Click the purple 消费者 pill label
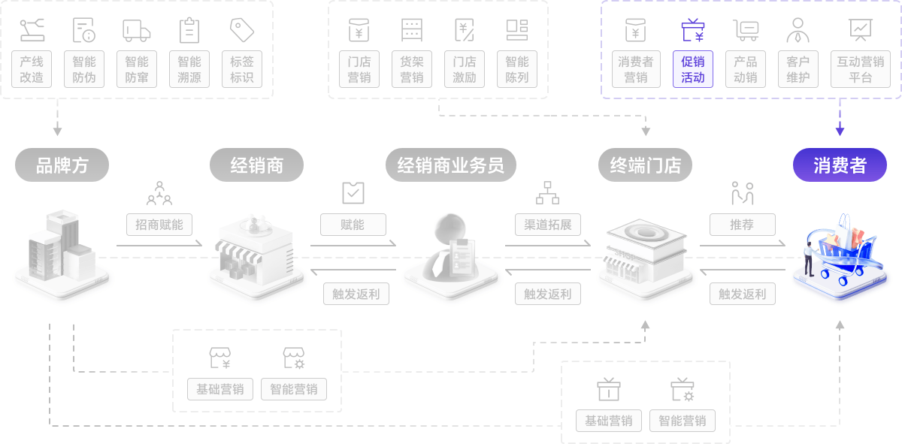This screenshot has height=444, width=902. pos(840,165)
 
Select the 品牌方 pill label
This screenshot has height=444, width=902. pos(62,165)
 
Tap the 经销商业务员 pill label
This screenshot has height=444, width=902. pos(451,165)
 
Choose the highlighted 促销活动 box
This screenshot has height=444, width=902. pos(693,69)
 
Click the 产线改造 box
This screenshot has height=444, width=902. pos(32,69)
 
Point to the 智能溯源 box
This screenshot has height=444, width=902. pos(189,69)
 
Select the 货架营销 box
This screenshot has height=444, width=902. pos(412,69)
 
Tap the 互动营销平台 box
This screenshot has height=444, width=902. pos(861,69)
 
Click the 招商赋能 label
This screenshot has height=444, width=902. pos(159,225)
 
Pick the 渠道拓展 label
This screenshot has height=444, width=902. pos(548,225)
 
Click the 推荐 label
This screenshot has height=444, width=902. pos(742,225)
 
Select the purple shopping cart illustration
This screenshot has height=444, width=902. pos(840,252)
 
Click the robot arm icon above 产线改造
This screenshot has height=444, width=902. pos(32,30)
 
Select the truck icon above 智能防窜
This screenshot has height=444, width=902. pos(137,31)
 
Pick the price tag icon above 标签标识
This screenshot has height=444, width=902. pos(242,30)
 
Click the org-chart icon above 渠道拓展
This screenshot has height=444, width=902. pos(547,192)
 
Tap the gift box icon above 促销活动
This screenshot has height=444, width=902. pos(693,30)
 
